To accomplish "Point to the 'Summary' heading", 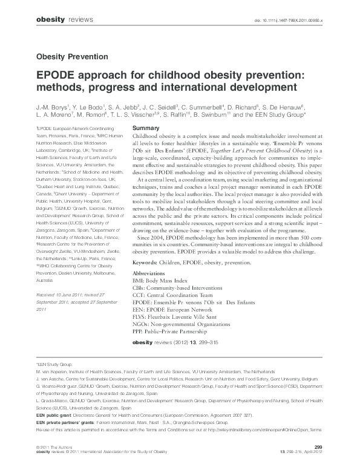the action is (x=145, y=129).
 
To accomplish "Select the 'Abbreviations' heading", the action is (x=152, y=275).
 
